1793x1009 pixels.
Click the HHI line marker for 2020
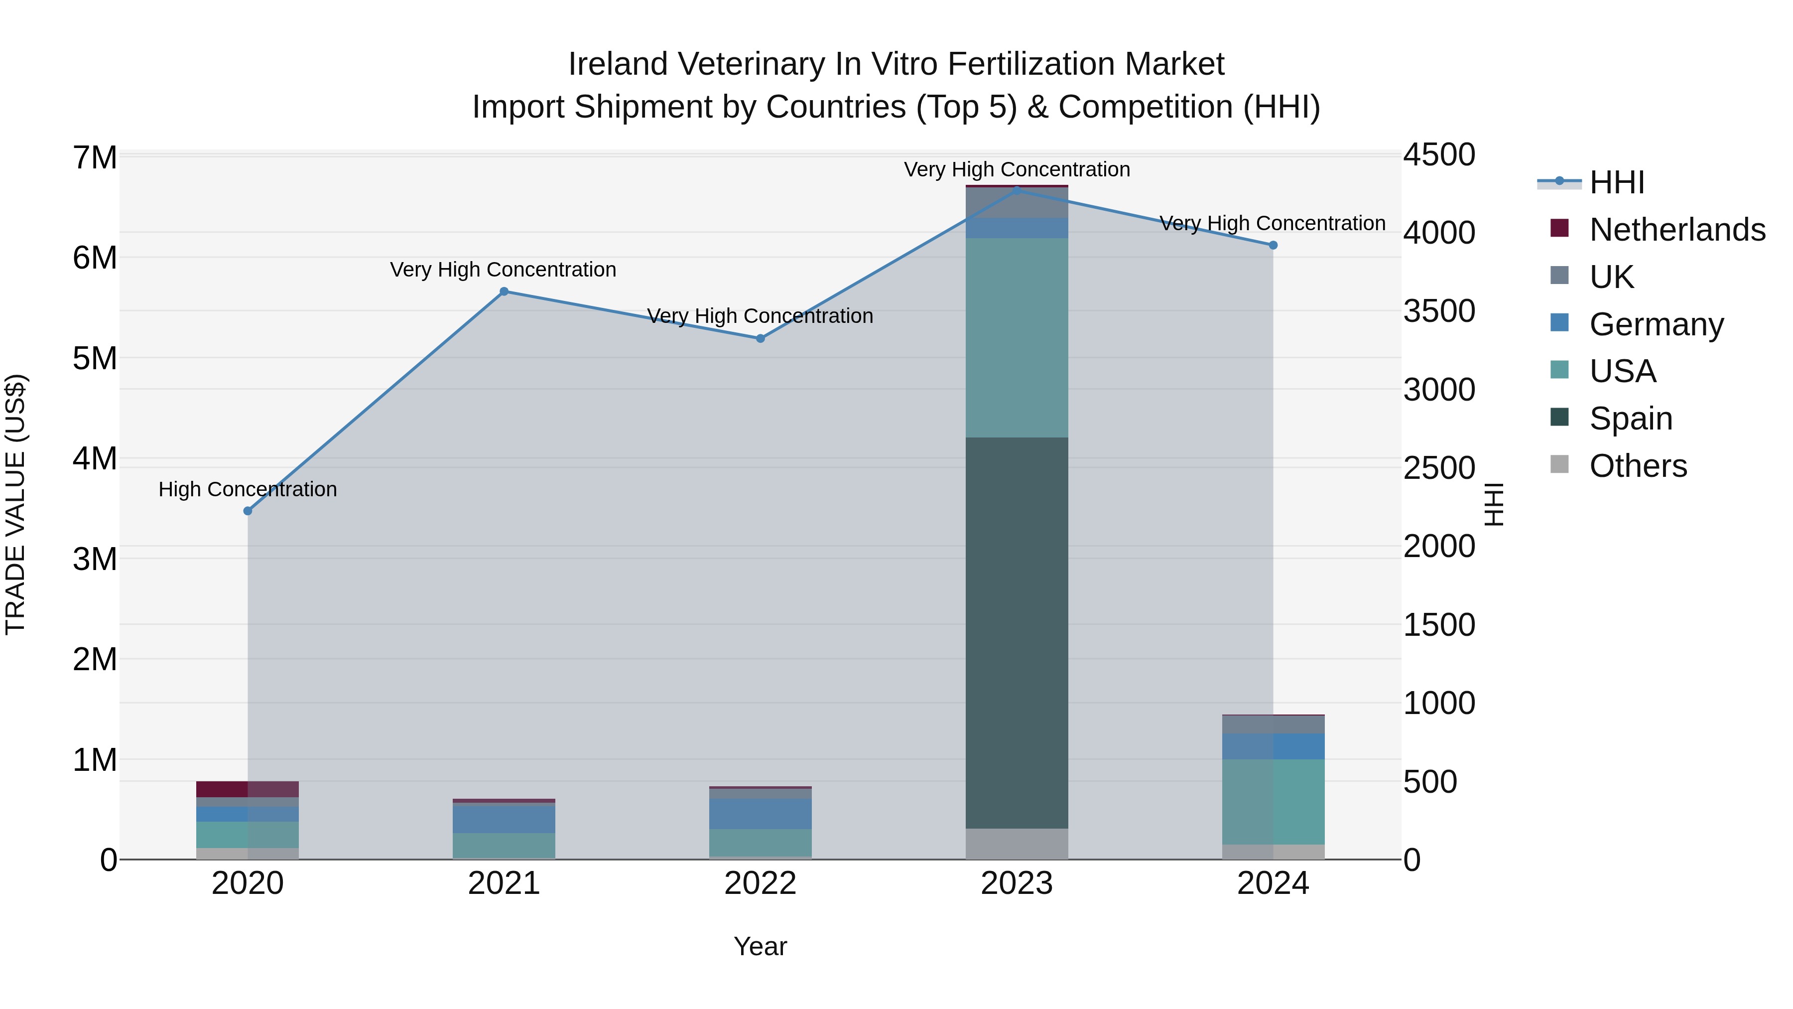pos(248,511)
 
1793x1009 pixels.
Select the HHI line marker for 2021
pos(504,292)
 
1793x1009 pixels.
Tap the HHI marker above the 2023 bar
pos(1017,190)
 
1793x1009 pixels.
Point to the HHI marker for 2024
pos(1273,245)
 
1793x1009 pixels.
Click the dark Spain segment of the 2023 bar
pos(1017,632)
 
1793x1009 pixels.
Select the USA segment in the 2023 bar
pos(1017,338)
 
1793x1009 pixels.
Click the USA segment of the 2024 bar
pos(1273,802)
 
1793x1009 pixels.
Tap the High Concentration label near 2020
pos(248,489)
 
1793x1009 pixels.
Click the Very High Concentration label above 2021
pos(503,270)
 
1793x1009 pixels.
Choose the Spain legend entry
pos(1631,419)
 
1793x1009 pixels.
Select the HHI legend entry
pos(1616,182)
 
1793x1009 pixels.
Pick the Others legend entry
pos(1638,466)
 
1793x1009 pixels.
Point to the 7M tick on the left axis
pos(95,157)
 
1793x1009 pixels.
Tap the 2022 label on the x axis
pos(760,883)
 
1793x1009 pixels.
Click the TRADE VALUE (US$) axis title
pos(15,504)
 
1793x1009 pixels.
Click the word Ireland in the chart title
pos(618,64)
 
